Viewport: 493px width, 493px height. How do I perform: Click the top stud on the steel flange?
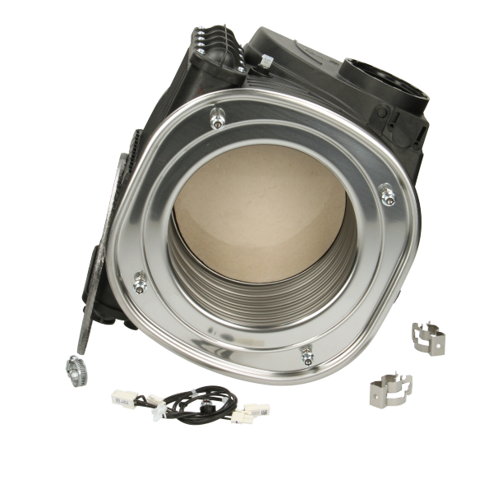pyautogui.click(x=216, y=121)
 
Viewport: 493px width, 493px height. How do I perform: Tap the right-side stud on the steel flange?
pyautogui.click(x=387, y=196)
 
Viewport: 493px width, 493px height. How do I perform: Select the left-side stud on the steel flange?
pyautogui.click(x=139, y=284)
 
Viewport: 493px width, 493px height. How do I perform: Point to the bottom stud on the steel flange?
pyautogui.click(x=307, y=357)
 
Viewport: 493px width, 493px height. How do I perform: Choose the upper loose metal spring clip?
pyautogui.click(x=428, y=334)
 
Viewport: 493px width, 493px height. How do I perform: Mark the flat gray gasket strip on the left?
pyautogui.click(x=99, y=271)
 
